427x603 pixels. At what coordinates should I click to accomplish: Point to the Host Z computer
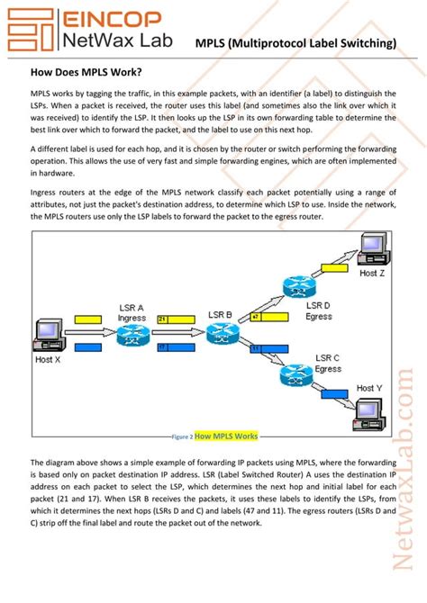(370, 247)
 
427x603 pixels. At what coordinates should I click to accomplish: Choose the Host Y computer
(370, 410)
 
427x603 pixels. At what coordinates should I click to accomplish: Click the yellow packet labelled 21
(177, 319)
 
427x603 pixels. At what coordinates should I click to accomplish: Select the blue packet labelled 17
(177, 346)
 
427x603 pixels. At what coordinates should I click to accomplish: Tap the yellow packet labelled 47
(268, 317)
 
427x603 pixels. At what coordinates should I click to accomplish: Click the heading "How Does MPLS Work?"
(86, 71)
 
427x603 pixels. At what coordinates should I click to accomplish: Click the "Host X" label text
(48, 359)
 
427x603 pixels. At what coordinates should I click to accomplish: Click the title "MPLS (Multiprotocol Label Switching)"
(296, 42)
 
